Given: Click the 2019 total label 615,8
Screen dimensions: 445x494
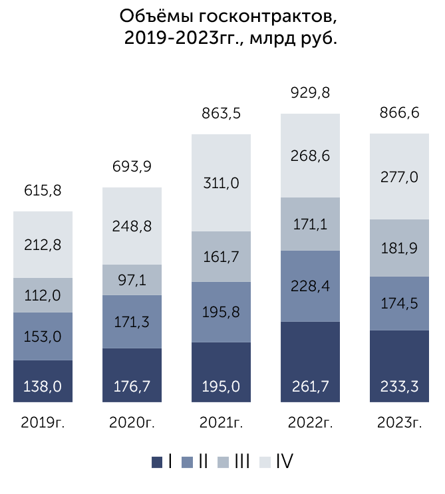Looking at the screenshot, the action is click(x=43, y=191).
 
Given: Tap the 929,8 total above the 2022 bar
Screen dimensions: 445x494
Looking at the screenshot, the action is click(x=310, y=93).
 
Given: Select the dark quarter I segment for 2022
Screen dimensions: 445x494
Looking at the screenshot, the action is click(x=310, y=362).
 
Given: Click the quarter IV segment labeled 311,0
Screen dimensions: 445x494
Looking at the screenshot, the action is click(x=221, y=183).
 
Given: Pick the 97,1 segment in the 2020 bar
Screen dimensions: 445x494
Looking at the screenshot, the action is click(x=132, y=280).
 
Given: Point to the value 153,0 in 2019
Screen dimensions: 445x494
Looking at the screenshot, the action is click(x=43, y=336).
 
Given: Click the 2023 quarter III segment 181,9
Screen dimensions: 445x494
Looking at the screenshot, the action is click(x=399, y=248).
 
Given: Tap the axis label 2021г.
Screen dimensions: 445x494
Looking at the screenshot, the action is click(x=221, y=422).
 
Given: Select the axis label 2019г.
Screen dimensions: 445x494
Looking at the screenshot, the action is click(x=43, y=422).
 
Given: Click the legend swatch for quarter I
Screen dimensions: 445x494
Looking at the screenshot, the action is click(x=157, y=462).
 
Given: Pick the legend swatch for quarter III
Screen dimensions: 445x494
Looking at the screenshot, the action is click(x=223, y=462).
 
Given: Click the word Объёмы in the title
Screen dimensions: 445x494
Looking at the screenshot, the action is click(x=156, y=17).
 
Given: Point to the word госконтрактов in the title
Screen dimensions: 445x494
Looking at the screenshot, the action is click(x=268, y=17).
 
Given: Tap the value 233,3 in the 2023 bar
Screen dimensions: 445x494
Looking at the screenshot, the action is click(x=399, y=386).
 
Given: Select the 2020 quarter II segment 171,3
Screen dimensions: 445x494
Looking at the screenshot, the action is click(x=132, y=322).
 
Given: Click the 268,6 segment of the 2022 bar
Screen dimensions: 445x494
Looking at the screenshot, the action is click(x=310, y=156).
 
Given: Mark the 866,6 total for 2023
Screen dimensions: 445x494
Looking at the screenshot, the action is click(x=399, y=113).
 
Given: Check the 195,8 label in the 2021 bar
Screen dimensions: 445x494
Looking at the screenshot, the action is click(x=221, y=312).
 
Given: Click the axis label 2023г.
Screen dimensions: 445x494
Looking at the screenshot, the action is click(x=399, y=422).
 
